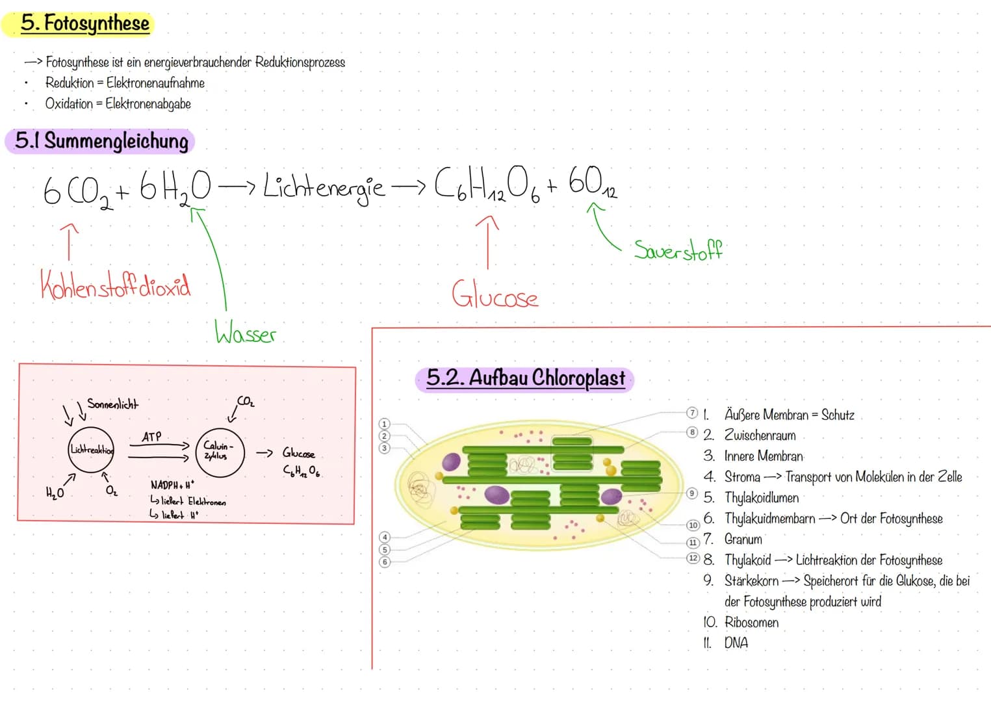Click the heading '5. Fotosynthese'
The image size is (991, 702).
pos(84,24)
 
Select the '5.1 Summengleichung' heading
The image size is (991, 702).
pos(101,140)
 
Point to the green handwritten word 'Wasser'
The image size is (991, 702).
pos(246,333)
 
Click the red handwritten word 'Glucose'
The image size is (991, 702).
pos(495,296)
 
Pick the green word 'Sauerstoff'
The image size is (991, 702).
pos(678,250)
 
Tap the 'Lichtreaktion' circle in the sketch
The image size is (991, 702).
pos(91,450)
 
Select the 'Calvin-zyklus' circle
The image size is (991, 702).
pos(220,452)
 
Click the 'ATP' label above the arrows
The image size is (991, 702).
pos(151,437)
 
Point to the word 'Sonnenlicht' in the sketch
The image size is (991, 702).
pos(112,404)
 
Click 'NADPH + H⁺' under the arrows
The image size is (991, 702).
pos(172,485)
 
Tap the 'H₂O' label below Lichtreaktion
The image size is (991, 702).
pos(55,493)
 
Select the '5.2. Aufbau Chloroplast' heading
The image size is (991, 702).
pos(525,378)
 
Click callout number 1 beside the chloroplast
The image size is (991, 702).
pos(384,424)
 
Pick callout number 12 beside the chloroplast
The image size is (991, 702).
pos(693,558)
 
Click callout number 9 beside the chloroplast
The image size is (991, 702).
pos(692,493)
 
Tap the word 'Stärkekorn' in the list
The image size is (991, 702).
pos(751,580)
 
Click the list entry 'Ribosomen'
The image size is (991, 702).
pos(751,622)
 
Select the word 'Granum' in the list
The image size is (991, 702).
pos(743,539)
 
